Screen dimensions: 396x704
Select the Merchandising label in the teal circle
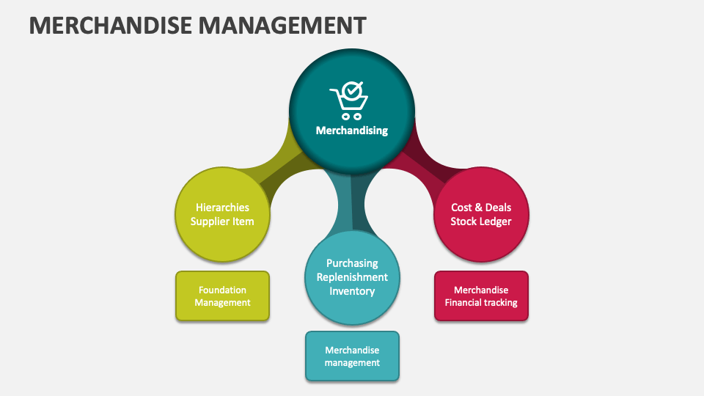352,131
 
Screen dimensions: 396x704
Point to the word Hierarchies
222,208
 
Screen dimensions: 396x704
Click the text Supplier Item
222,221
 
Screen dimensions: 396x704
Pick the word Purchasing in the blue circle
352,263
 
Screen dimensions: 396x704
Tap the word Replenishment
352,277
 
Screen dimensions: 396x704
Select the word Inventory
352,291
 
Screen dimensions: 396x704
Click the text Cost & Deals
481,208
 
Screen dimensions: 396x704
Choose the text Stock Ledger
481,221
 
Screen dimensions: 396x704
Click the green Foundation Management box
222,296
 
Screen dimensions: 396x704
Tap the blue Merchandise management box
352,356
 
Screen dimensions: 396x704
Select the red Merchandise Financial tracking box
481,296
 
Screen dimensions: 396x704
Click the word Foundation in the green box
222,290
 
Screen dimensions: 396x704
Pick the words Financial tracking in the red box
481,303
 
